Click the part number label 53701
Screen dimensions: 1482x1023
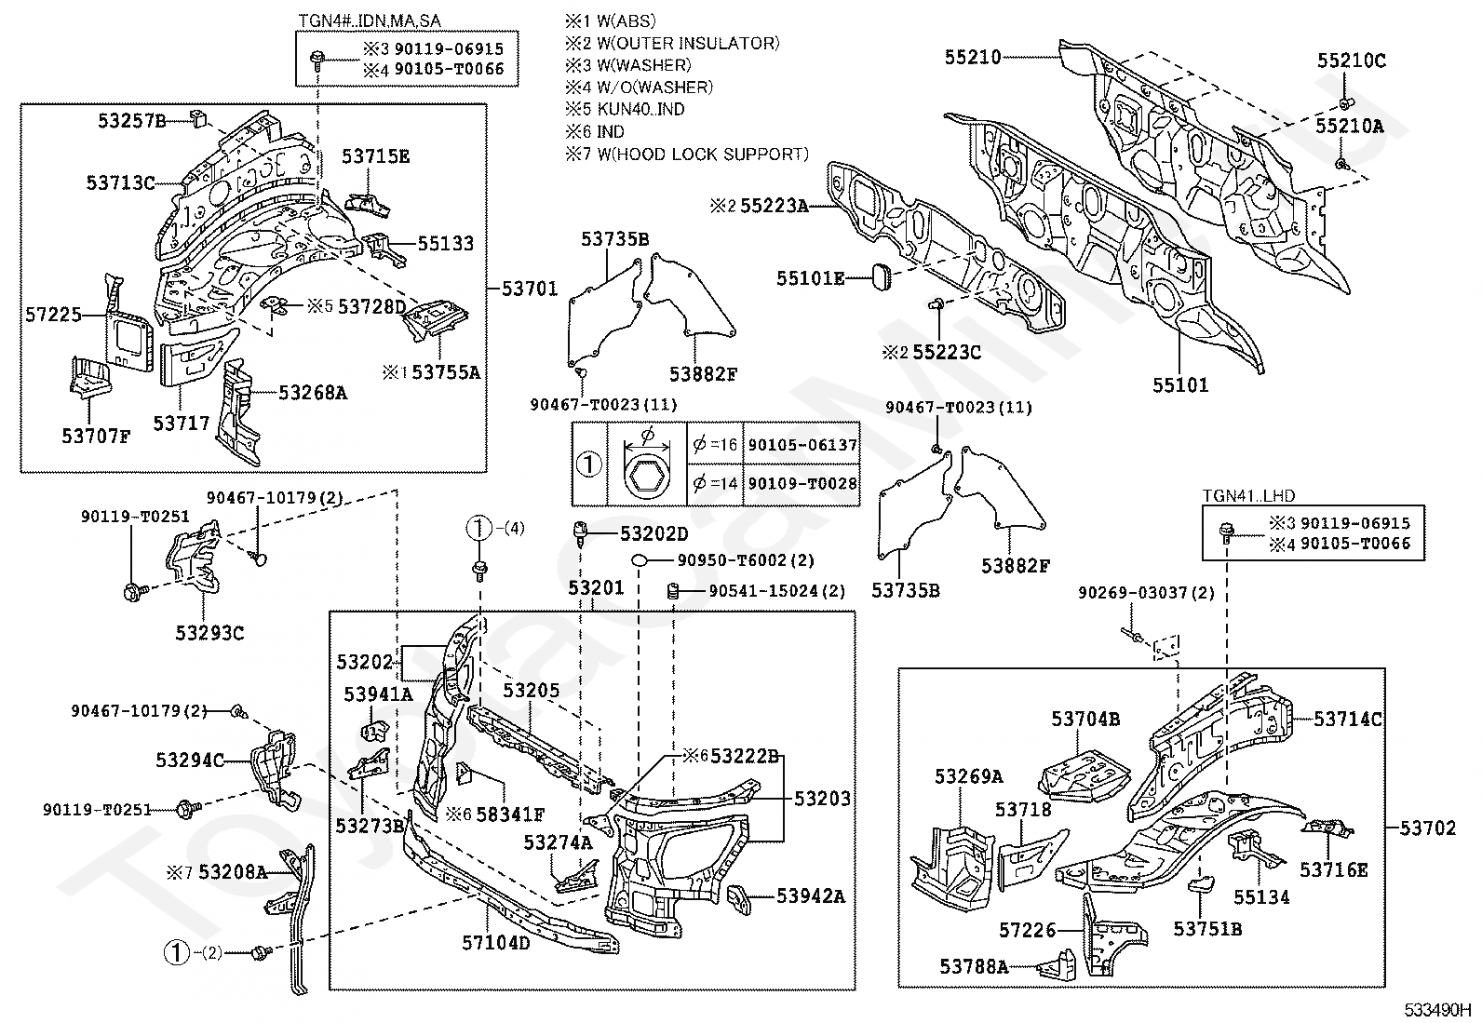point(530,289)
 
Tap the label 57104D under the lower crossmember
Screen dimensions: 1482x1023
point(496,942)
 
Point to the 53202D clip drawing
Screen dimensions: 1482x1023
point(581,533)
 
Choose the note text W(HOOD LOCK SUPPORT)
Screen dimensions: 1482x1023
point(703,155)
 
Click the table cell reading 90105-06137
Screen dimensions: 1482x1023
point(802,445)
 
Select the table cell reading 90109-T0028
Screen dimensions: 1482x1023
point(802,484)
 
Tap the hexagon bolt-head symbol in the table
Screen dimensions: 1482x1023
point(647,478)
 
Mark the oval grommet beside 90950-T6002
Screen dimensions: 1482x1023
point(640,561)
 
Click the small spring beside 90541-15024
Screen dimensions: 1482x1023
point(673,591)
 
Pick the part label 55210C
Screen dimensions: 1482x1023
point(1351,61)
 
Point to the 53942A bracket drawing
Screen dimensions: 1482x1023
point(739,899)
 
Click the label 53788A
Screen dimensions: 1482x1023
point(974,967)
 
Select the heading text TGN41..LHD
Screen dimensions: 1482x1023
point(1247,495)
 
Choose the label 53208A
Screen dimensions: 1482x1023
point(232,872)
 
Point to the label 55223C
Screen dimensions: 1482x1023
point(947,352)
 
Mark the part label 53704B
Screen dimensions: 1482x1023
point(1085,719)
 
